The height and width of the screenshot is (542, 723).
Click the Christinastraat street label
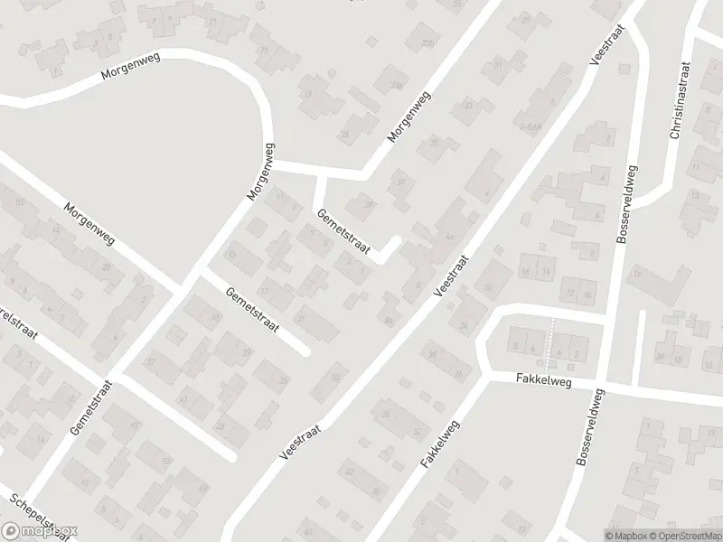[x=679, y=101]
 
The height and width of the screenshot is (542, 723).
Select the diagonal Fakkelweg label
[x=440, y=444]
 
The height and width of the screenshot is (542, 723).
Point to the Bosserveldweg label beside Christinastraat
[x=624, y=203]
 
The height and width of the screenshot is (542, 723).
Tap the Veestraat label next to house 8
[x=452, y=276]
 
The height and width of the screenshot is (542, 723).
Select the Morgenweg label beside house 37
[x=406, y=118]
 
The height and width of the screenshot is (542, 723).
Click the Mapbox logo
[x=40, y=531]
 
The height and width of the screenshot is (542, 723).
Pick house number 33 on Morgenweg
[x=468, y=106]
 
